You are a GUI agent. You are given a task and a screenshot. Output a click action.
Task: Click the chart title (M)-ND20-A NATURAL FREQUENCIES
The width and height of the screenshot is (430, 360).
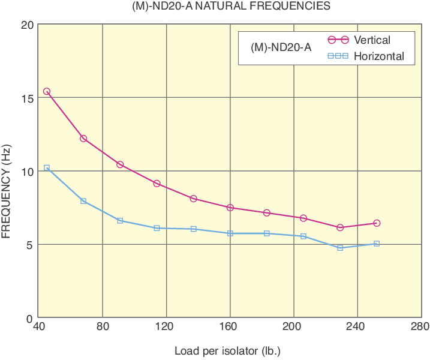[x=231, y=7]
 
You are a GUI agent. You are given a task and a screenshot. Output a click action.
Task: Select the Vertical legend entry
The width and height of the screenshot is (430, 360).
[x=372, y=40]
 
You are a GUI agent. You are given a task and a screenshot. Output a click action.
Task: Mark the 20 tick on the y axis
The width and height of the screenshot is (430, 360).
[x=26, y=25]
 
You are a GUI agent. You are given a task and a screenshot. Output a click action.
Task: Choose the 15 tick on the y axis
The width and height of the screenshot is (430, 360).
[x=26, y=98]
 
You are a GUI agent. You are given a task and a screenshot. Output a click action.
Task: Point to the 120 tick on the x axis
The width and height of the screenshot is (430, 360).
[x=166, y=327]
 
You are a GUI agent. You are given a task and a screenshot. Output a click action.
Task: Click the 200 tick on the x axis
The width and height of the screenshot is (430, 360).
[x=293, y=327]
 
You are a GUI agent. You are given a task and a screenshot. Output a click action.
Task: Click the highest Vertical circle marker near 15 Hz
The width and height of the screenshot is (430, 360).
[x=47, y=92]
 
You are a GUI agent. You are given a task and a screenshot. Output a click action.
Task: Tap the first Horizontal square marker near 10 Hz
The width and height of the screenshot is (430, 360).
[x=47, y=168]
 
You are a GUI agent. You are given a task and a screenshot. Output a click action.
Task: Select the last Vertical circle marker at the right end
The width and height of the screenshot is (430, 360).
[x=377, y=223]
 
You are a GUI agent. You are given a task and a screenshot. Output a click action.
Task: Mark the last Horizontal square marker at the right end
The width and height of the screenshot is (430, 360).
[x=377, y=244]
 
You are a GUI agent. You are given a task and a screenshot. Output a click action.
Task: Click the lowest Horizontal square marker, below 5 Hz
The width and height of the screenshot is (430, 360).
[x=340, y=248]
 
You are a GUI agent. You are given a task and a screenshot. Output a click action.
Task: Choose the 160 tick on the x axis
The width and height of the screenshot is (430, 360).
[x=230, y=327]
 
